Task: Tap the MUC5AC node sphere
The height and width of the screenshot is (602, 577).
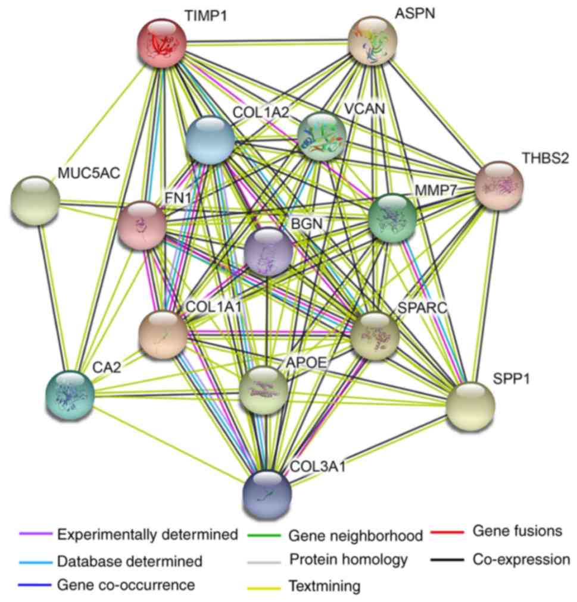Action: pos(36,200)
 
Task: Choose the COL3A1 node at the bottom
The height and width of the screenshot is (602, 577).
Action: pos(267,495)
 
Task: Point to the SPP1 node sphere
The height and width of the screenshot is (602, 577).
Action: pos(470,406)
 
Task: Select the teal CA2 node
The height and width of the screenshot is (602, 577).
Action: pos(70,393)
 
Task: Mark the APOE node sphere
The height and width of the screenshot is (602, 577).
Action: pos(263,391)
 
